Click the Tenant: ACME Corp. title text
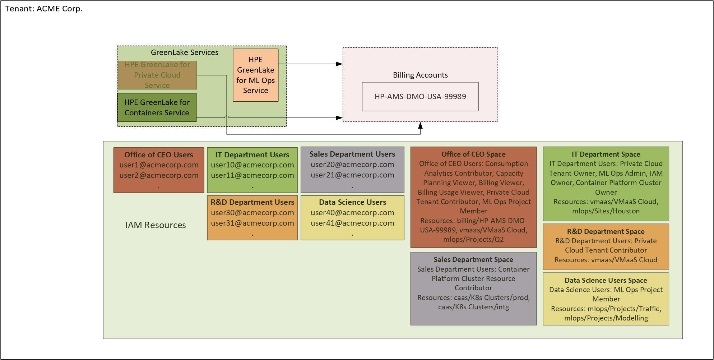[44, 9]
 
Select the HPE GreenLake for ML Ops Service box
[255, 75]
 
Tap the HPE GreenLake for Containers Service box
[157, 107]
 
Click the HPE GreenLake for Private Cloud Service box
[157, 75]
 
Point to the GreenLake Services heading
[184, 52]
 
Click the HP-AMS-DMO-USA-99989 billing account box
[420, 97]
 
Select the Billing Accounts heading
[420, 75]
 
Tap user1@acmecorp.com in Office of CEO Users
[159, 165]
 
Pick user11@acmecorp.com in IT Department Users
[252, 175]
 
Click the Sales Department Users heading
[352, 154]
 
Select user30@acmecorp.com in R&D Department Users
[252, 213]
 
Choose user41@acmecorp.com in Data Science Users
[352, 223]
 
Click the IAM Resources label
[156, 225]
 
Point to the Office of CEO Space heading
[473, 154]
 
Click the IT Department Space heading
[606, 154]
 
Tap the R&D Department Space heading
[606, 231]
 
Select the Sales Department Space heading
[473, 259]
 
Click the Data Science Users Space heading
[606, 280]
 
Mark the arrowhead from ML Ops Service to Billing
[339, 64]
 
